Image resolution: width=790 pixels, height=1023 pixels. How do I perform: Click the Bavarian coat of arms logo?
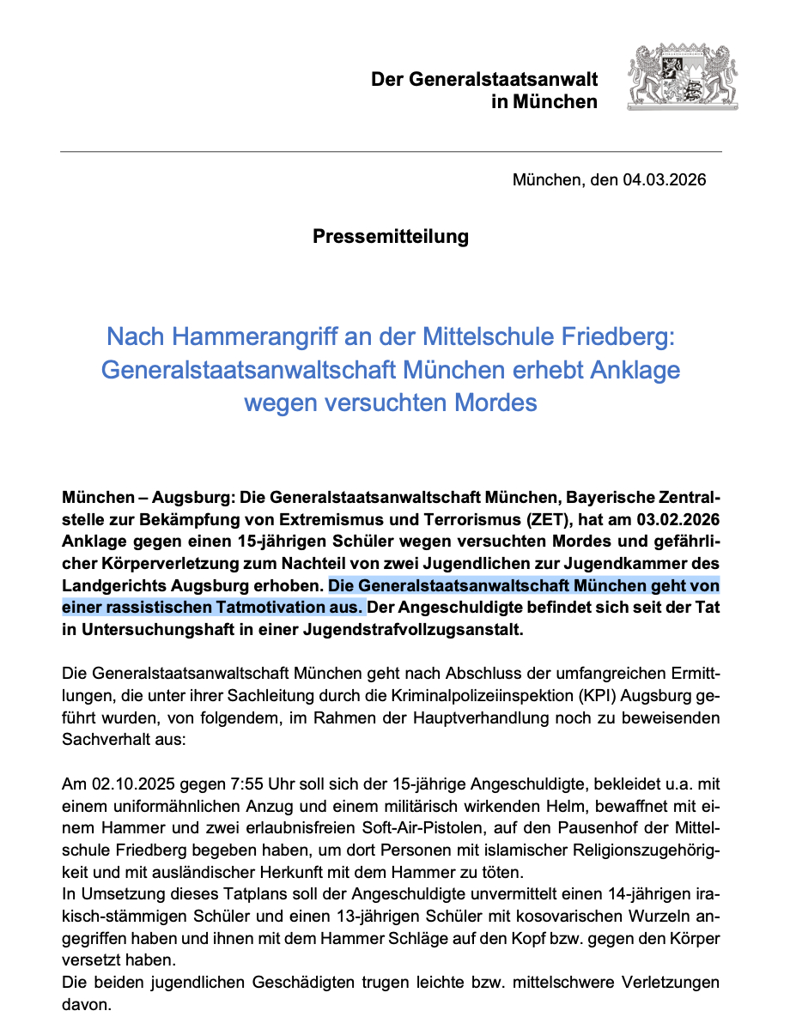(x=683, y=78)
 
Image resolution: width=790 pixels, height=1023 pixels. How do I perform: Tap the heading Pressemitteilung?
(x=391, y=236)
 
